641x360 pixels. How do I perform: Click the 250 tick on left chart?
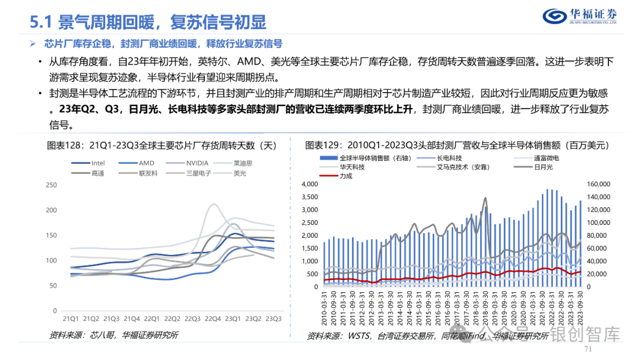50,185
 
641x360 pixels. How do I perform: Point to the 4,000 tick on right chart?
310,185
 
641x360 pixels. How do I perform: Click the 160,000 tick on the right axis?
599,185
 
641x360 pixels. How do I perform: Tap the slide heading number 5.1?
43,23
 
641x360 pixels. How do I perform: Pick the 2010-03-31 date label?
325,309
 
